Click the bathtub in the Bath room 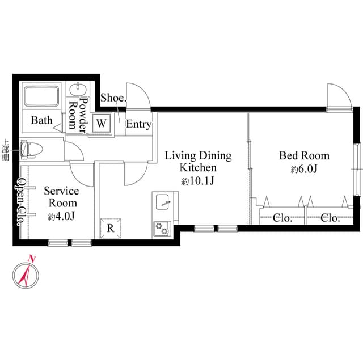click(41, 96)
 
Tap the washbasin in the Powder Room click(78, 90)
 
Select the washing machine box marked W click(101, 123)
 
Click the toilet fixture click(31, 150)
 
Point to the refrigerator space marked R click(111, 228)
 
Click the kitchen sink click(162, 202)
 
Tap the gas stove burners click(162, 228)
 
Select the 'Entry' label click(138, 124)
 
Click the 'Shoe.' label click(113, 98)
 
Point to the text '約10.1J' click(197, 181)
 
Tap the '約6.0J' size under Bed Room click(304, 170)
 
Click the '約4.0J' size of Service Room click(61, 217)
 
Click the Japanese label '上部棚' click(5, 150)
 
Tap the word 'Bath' click(41, 120)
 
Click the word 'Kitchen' click(198, 168)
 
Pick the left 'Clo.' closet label click(282, 218)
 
